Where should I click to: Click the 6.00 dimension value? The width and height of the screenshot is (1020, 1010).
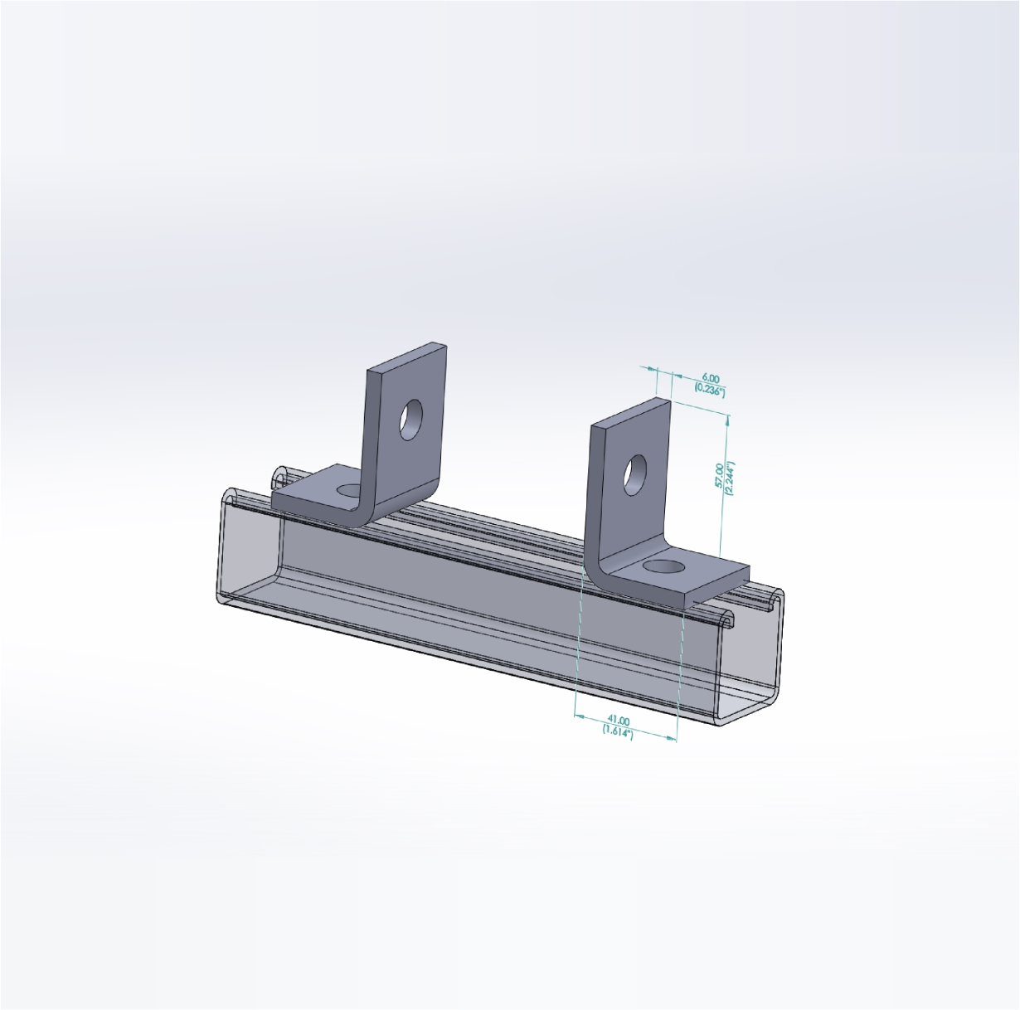point(711,378)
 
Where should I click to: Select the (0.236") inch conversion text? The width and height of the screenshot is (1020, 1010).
point(709,391)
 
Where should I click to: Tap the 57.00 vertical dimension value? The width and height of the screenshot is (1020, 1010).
point(719,475)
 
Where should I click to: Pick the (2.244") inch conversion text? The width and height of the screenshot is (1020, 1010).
point(731,478)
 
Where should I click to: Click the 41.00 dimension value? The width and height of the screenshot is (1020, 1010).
point(619,721)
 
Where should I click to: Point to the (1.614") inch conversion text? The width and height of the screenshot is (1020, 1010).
point(617,731)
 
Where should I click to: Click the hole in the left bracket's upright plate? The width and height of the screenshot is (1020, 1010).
point(410,420)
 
